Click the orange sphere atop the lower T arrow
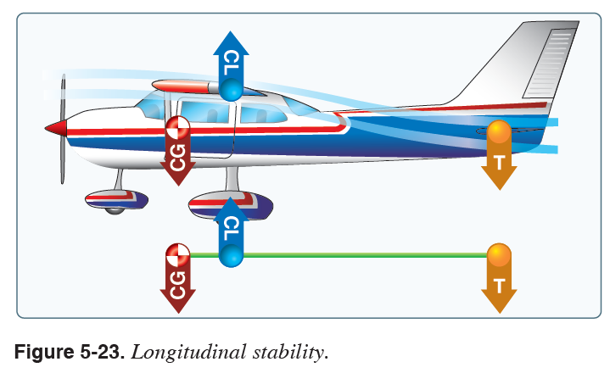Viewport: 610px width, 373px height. (499, 255)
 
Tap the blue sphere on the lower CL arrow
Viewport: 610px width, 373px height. (231, 254)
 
